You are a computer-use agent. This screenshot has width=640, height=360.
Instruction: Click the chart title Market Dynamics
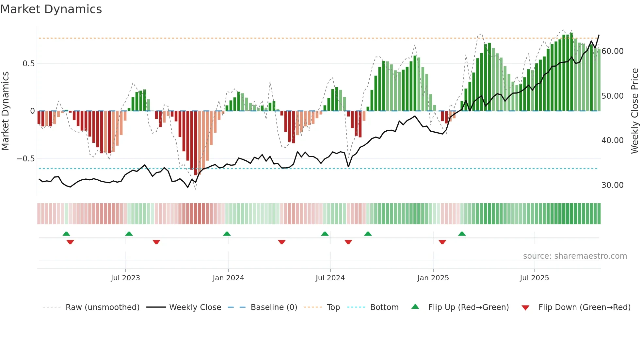(51, 9)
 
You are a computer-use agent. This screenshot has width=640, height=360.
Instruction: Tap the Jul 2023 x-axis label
(125, 278)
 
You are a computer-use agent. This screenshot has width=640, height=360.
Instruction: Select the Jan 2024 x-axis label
(228, 278)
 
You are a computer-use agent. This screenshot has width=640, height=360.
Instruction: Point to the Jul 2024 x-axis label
(330, 278)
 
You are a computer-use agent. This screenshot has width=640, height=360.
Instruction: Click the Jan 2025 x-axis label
(433, 278)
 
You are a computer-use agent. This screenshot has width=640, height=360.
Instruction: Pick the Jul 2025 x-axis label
(535, 278)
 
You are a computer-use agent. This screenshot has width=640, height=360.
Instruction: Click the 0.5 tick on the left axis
(28, 64)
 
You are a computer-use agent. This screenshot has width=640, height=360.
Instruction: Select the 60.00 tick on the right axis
(613, 51)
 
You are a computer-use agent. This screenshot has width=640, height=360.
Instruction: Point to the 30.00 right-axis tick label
(613, 185)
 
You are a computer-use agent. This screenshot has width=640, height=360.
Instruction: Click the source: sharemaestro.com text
(575, 256)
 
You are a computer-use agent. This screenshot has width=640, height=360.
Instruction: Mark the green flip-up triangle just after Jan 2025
(462, 234)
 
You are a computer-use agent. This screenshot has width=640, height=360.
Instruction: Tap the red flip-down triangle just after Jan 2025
(442, 242)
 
